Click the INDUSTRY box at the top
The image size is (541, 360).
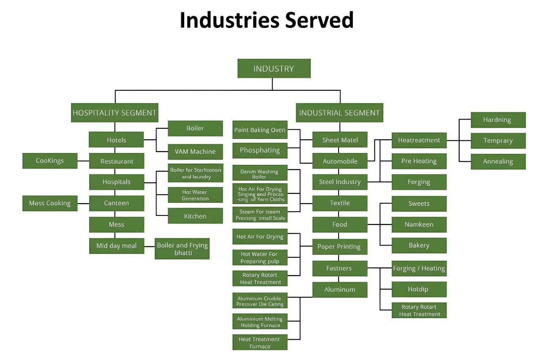[274, 68]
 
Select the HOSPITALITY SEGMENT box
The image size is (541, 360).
[115, 113]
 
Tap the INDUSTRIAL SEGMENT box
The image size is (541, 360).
[339, 113]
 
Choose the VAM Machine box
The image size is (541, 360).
[195, 151]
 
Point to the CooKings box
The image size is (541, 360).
[50, 161]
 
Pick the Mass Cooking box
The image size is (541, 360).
[50, 203]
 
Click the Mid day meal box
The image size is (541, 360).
[116, 245]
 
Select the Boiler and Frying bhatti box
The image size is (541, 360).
[182, 248]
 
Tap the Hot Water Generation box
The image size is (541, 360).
[195, 195]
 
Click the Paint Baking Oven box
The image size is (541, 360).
[260, 130]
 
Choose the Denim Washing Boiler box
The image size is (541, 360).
[260, 174]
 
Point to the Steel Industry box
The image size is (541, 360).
[340, 182]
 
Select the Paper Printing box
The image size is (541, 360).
[339, 246]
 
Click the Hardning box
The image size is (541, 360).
[498, 120]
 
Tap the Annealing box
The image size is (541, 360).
[498, 161]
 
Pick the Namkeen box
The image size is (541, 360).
[419, 224]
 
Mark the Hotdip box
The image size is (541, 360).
[419, 289]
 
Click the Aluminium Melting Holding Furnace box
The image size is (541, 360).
[260, 322]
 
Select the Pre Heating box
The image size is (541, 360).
[419, 161]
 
